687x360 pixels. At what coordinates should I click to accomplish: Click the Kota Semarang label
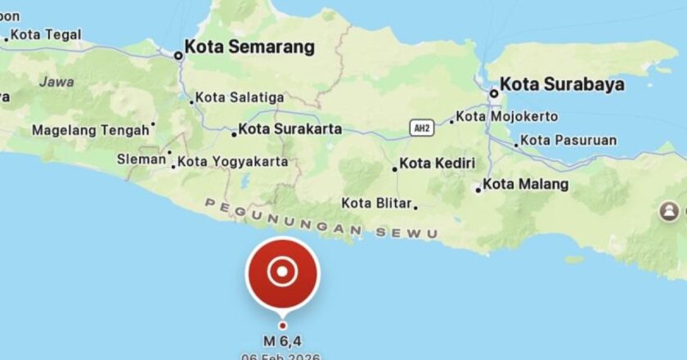(249, 47)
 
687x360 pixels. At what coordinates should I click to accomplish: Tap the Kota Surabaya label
(562, 84)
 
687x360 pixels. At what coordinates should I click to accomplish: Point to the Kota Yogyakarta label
(232, 162)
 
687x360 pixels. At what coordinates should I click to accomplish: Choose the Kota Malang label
(524, 185)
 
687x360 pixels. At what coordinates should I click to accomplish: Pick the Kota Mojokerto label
(506, 116)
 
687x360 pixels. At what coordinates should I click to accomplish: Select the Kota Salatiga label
(240, 97)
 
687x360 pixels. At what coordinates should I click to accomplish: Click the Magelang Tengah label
(90, 129)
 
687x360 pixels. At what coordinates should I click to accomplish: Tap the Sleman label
(141, 159)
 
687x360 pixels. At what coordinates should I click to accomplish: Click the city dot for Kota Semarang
(178, 56)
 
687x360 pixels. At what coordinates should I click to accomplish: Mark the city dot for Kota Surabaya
(493, 93)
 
